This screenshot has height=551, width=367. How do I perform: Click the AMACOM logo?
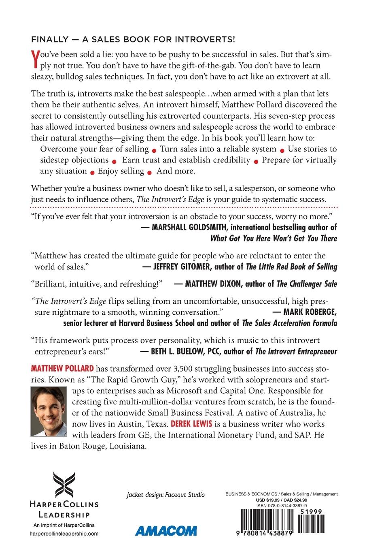166,531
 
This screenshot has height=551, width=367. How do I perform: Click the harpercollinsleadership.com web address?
64,534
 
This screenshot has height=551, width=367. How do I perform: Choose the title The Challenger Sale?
307,284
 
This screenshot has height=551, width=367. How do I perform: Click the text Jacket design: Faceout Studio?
165,495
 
